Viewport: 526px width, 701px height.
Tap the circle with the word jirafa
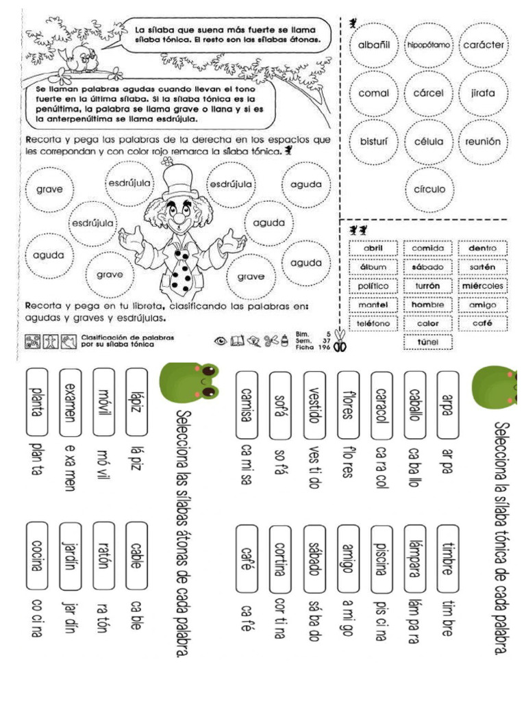pos(483,92)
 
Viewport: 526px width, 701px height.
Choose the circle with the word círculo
pos(429,189)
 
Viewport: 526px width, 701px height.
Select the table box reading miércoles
pos(482,285)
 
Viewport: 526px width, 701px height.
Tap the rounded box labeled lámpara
pos(414,559)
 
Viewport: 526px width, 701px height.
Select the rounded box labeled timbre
pos(447,559)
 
